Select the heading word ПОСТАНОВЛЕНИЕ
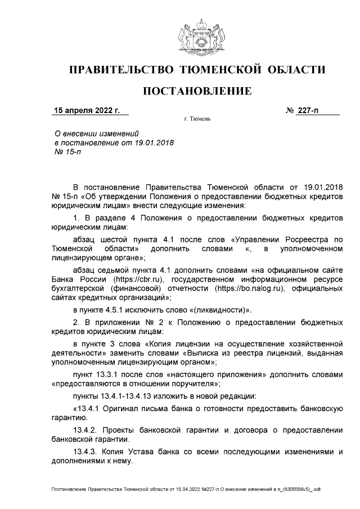196,91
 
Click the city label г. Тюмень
197,120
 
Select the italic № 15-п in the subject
66,153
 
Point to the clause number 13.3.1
114,375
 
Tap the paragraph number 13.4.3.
87,451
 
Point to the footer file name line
186,489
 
